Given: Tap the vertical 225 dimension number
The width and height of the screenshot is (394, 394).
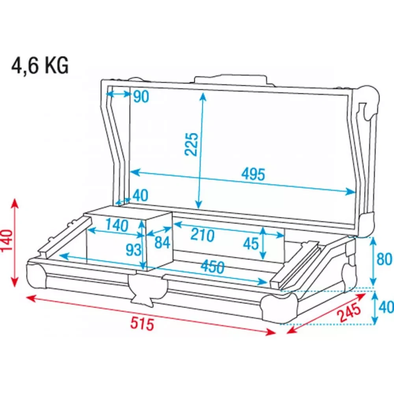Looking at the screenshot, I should (x=192, y=144).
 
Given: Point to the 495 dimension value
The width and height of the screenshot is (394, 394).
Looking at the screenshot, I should (x=253, y=174).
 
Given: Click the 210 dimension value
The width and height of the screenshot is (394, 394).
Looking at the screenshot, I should (x=202, y=235).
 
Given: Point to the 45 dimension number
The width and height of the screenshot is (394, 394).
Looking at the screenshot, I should (x=251, y=244).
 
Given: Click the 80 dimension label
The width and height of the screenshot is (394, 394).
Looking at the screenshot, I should (x=384, y=259).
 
